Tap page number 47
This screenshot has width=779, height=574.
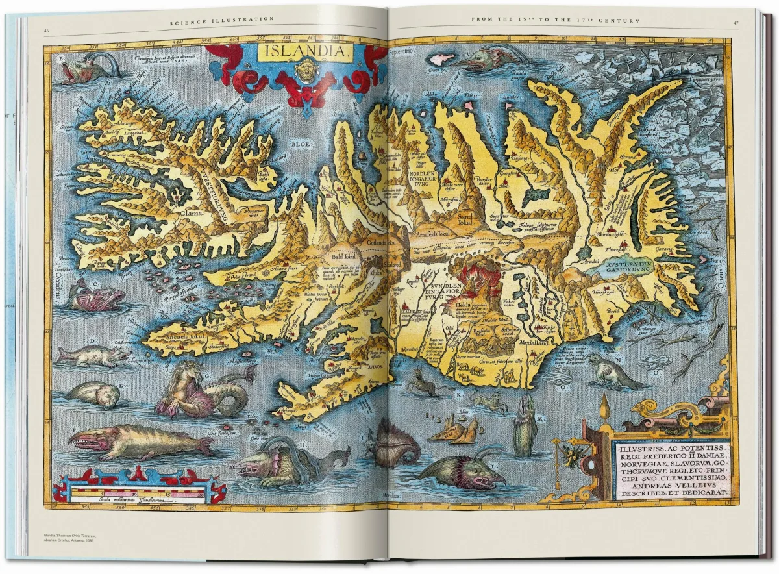pos(736,23)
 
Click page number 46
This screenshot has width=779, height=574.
pos(46,31)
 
